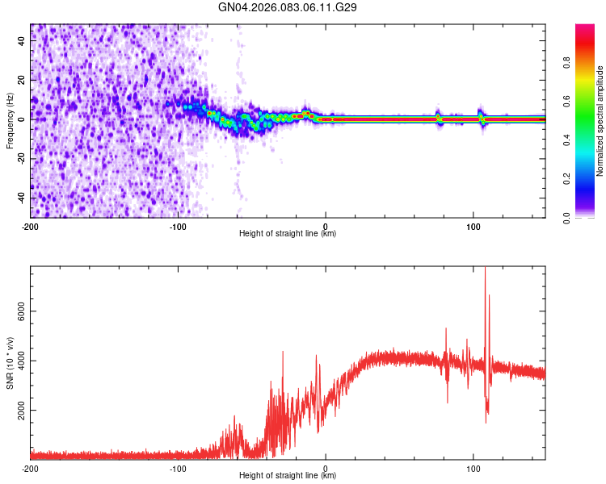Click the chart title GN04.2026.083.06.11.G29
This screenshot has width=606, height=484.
(288, 7)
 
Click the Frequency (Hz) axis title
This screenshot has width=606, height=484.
(10, 121)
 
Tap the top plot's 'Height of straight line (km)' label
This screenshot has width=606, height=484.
(288, 233)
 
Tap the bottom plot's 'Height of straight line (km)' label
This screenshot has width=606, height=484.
(288, 475)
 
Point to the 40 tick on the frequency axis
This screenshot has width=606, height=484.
(21, 42)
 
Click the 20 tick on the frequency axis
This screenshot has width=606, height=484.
(21, 81)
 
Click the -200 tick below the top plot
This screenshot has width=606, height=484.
(31, 226)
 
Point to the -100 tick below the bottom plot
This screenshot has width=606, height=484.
(178, 468)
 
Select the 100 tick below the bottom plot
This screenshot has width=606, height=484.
(473, 468)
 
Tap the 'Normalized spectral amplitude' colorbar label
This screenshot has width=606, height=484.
(600, 121)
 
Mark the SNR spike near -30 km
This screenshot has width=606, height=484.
(283, 353)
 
